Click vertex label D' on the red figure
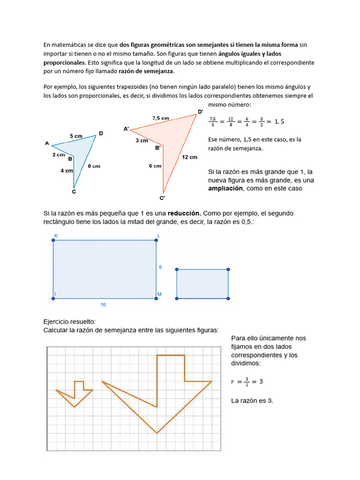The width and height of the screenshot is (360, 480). pos(200,112)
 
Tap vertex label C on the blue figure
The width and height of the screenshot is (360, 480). pos(74,191)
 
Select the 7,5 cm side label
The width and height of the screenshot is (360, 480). pos(161,119)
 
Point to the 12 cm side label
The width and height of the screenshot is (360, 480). pos(190,157)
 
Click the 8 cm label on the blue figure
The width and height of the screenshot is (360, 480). pos(94,166)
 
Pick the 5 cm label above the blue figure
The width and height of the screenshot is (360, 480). pos(76,136)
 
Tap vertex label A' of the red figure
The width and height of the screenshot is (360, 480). pos(126,128)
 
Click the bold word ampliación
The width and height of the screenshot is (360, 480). pos(225,188)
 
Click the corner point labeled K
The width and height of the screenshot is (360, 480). pos(53,240)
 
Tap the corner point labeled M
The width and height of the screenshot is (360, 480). pos(156,297)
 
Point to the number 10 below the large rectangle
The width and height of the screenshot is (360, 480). pos(103,305)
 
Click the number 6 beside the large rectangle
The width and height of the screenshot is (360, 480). pos(160,267)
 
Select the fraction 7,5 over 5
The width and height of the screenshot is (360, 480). pos(213,122)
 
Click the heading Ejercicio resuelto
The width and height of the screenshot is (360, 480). pos(69,322)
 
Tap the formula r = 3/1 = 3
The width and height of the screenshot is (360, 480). pos(247,382)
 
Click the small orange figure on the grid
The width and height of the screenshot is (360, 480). pos(75,393)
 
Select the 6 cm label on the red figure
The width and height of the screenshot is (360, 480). pos(155,166)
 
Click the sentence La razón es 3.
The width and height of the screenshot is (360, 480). pos(252,401)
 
